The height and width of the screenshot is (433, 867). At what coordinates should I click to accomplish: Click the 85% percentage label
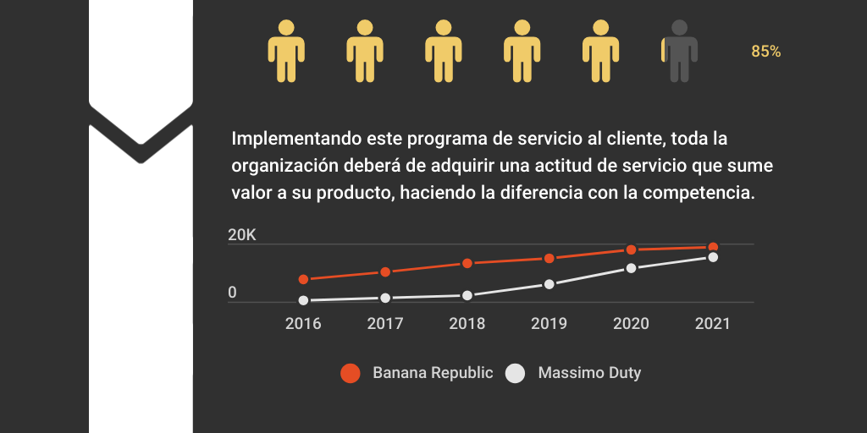765,52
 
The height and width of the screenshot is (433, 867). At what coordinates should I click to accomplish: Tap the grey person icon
680,51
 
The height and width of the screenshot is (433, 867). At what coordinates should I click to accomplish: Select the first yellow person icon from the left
286,51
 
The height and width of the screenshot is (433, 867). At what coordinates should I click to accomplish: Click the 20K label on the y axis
242,236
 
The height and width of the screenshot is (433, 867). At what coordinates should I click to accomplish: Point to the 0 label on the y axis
232,293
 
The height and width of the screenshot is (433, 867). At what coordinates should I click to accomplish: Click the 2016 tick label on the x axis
303,323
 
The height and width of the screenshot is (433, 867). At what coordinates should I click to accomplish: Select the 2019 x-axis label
549,323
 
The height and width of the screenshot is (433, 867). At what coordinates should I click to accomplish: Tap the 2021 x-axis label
712,323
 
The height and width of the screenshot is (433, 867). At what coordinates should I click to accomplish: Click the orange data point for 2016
303,279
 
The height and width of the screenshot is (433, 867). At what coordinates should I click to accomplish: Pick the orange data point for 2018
467,263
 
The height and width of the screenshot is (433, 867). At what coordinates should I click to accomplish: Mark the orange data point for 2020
631,249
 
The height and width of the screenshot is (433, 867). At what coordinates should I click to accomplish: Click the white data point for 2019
549,284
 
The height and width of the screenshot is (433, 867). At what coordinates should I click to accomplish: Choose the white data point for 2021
713,257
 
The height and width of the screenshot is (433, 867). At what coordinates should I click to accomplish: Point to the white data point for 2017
385,298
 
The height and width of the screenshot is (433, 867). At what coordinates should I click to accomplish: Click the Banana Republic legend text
433,373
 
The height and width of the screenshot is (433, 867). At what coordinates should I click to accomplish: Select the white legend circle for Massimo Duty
516,373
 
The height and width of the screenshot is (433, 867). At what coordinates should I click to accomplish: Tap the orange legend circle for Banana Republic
351,373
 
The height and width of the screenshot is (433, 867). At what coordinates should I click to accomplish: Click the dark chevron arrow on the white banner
141,135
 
